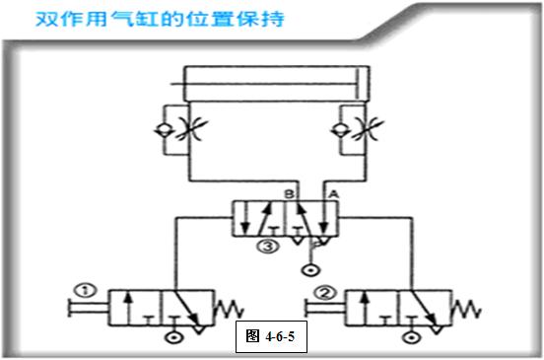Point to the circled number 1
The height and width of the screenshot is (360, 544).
(x=86, y=290)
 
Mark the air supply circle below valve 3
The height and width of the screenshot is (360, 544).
(x=311, y=268)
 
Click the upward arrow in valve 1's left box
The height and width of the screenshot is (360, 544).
(x=128, y=307)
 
